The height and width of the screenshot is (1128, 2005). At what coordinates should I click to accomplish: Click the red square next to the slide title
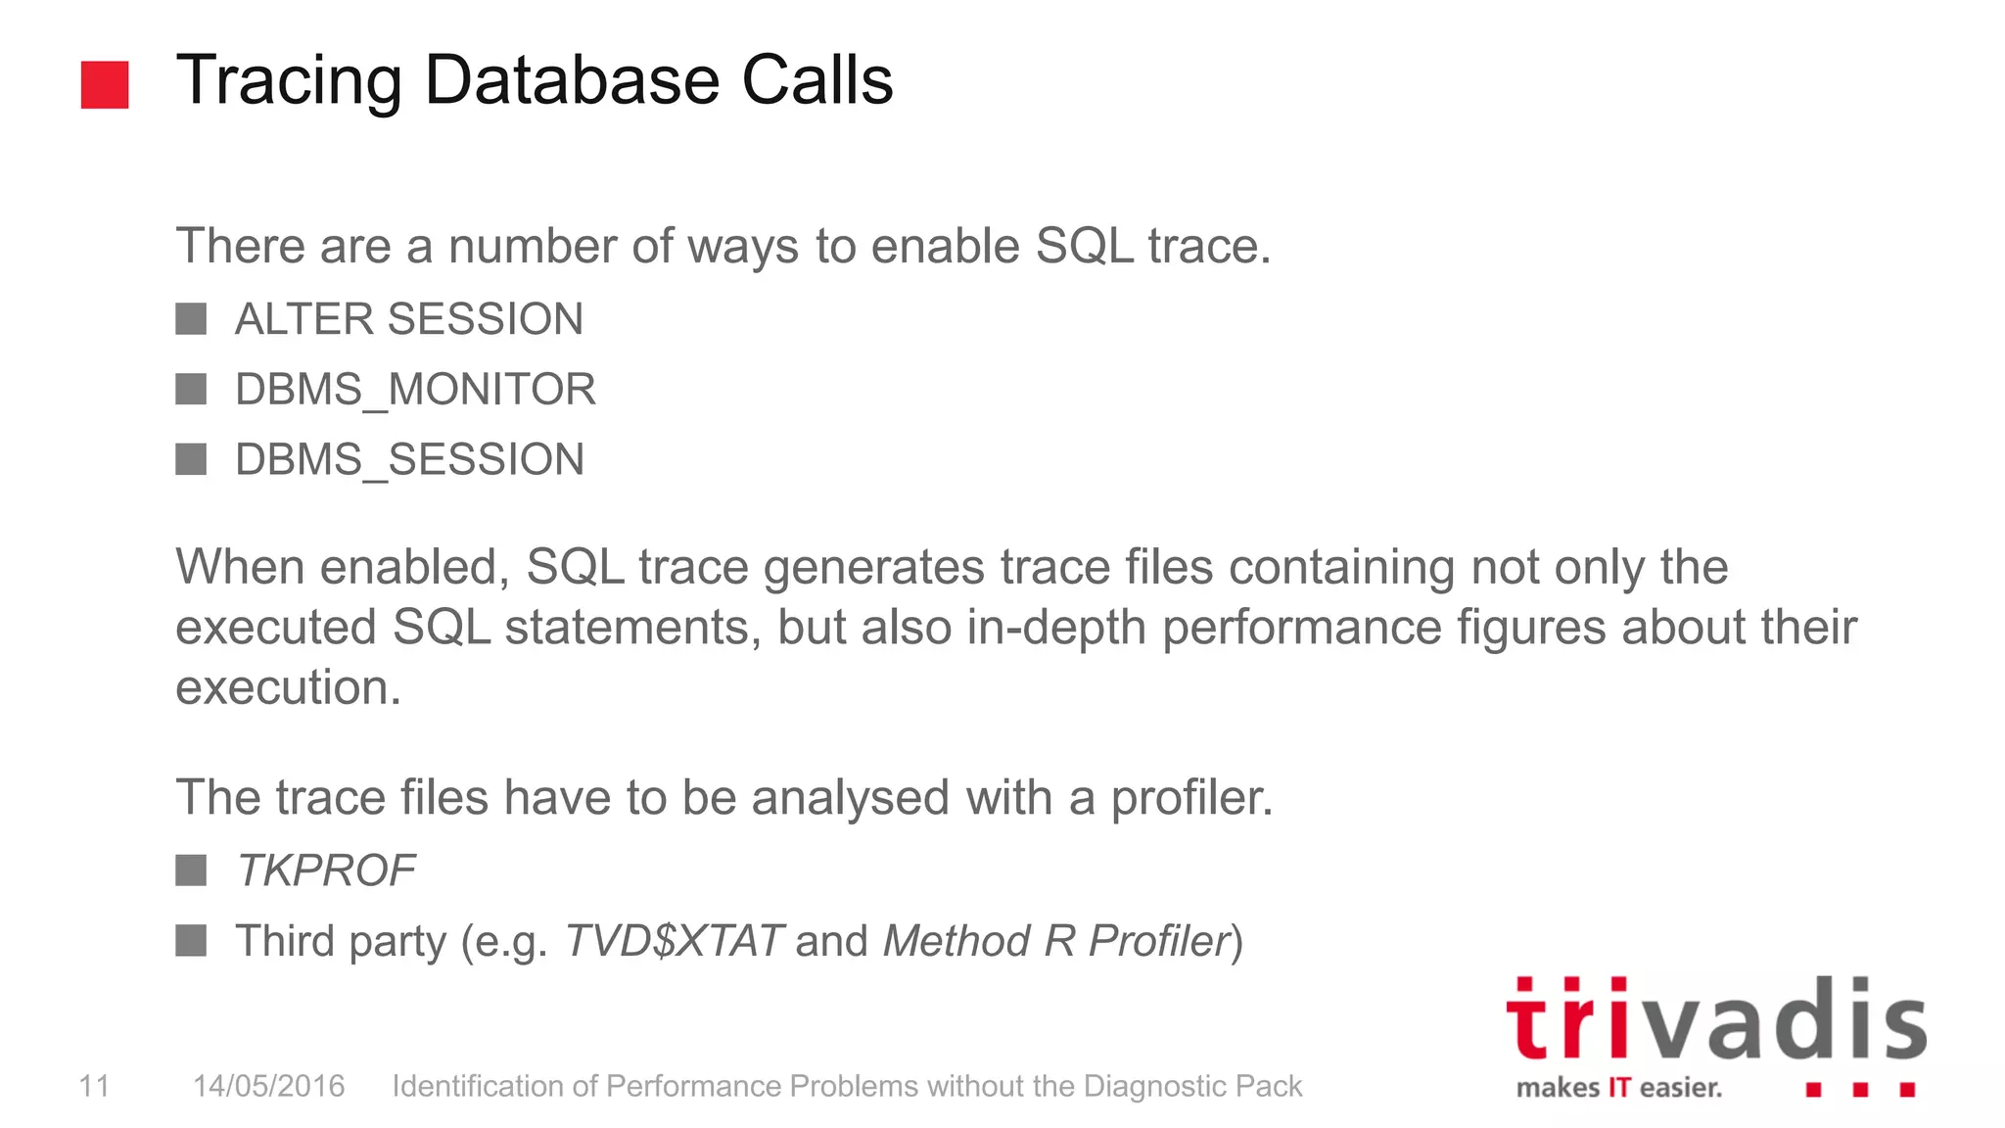tap(105, 84)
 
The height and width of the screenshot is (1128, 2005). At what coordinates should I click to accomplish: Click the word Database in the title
tap(572, 80)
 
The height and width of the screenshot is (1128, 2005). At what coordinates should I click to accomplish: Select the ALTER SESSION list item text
tap(408, 319)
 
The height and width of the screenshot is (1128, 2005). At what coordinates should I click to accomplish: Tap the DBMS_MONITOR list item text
tap(415, 390)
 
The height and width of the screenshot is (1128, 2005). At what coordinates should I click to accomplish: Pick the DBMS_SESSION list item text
tap(409, 459)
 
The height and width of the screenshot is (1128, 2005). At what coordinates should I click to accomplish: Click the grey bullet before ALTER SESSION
tap(191, 319)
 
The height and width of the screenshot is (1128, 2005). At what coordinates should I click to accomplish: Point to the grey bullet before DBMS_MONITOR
tap(191, 390)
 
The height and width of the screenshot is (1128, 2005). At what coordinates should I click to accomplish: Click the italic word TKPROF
tap(325, 870)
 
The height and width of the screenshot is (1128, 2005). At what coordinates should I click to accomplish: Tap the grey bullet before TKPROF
tap(191, 870)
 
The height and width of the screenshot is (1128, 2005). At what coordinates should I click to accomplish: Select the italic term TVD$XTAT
tap(674, 941)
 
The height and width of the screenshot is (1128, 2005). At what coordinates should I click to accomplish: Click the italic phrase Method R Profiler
tap(1055, 941)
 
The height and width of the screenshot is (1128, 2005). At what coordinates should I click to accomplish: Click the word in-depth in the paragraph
tap(1055, 628)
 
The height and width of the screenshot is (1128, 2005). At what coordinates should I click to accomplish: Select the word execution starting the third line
tap(287, 687)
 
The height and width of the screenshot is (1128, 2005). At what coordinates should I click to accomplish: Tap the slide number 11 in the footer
tap(94, 1086)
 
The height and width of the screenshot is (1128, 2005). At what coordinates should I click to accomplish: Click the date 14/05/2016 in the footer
tap(268, 1086)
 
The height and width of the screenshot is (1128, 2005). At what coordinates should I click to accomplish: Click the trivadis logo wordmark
tap(1715, 1020)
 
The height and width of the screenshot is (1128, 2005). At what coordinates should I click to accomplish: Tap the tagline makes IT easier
tap(1618, 1088)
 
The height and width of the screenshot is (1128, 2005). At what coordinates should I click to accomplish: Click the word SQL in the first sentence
tap(1084, 246)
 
